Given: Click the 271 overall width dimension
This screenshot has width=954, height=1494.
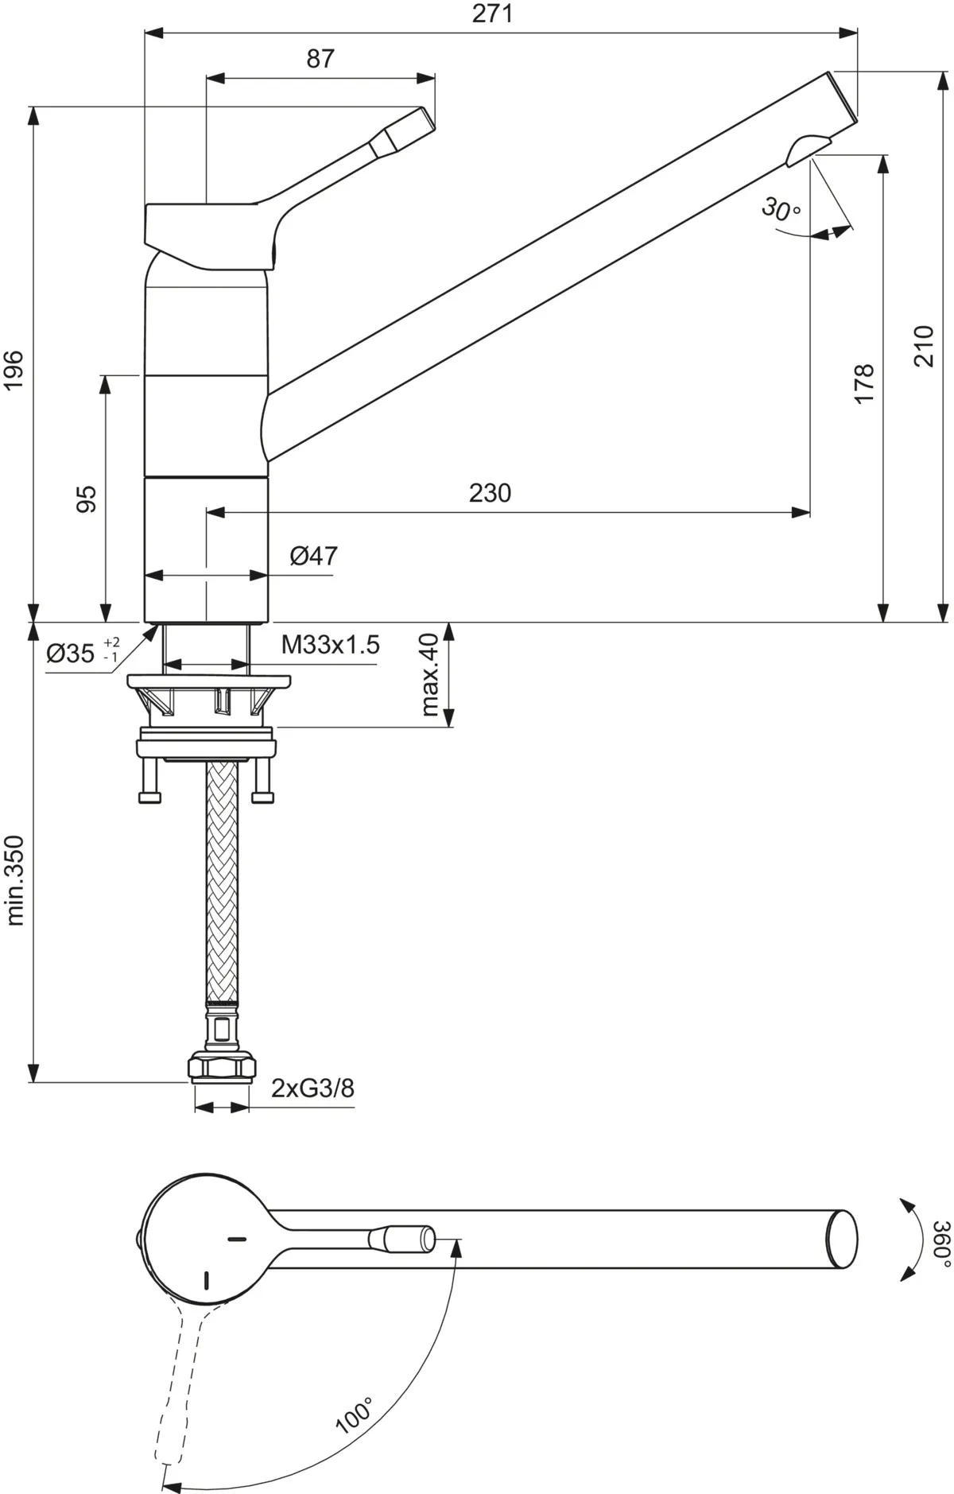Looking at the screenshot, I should coord(492,14).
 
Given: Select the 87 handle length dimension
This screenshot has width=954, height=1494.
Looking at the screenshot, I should coord(320,59).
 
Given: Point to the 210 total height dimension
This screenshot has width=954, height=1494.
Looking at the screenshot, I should coord(924,345).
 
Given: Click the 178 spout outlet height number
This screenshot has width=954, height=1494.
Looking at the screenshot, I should coord(864,383).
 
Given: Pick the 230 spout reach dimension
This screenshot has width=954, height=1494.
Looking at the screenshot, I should coord(490,493).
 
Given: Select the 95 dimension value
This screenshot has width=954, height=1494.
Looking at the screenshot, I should coord(87,499).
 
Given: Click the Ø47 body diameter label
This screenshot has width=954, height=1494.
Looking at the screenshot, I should coord(313,555).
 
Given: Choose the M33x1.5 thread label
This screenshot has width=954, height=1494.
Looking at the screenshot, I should coord(330,645).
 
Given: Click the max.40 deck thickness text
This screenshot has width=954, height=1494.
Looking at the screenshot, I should coord(429,675).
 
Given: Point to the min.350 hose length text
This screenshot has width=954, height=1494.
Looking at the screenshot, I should coord(15,879).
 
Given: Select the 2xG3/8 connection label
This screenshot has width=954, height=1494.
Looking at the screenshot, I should coord(312,1088).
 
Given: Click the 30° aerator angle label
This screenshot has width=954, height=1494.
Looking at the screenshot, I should coord(781,209).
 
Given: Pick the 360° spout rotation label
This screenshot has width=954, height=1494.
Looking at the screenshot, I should coord(940,1244).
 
